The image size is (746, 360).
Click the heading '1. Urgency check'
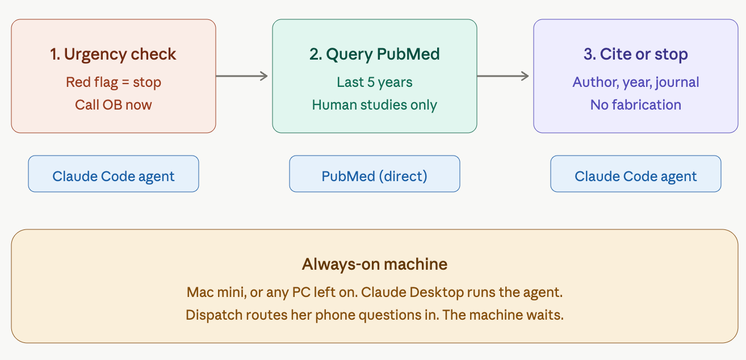point(113,55)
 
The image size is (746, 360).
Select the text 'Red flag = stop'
point(113,82)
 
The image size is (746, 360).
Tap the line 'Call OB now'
point(113,105)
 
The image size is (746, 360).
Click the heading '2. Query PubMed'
point(375,55)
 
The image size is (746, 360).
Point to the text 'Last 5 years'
point(375,82)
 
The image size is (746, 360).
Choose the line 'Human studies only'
point(375,105)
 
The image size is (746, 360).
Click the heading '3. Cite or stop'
point(636,54)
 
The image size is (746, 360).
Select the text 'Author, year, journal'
point(636,82)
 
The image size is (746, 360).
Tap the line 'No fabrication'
point(636,105)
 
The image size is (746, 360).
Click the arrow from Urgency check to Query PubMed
point(242,76)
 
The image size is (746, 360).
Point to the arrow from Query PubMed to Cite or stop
point(503,76)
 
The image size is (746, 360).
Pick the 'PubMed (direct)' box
point(375,174)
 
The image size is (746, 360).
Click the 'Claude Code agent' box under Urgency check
point(114,174)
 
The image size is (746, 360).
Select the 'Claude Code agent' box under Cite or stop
point(636,174)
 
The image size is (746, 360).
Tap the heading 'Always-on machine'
point(375,265)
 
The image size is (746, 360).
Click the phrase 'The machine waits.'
point(503,315)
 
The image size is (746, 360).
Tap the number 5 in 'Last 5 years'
point(371,82)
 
